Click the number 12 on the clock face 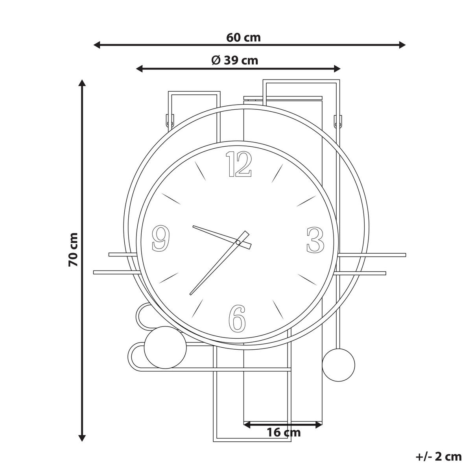[x=239, y=164]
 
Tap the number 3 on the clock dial [x=315, y=240]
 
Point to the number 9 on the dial [x=161, y=238]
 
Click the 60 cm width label [x=243, y=38]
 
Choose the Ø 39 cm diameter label [x=235, y=60]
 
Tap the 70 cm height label [x=73, y=250]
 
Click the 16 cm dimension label [x=283, y=432]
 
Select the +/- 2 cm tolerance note [x=439, y=456]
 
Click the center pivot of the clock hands [x=238, y=243]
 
